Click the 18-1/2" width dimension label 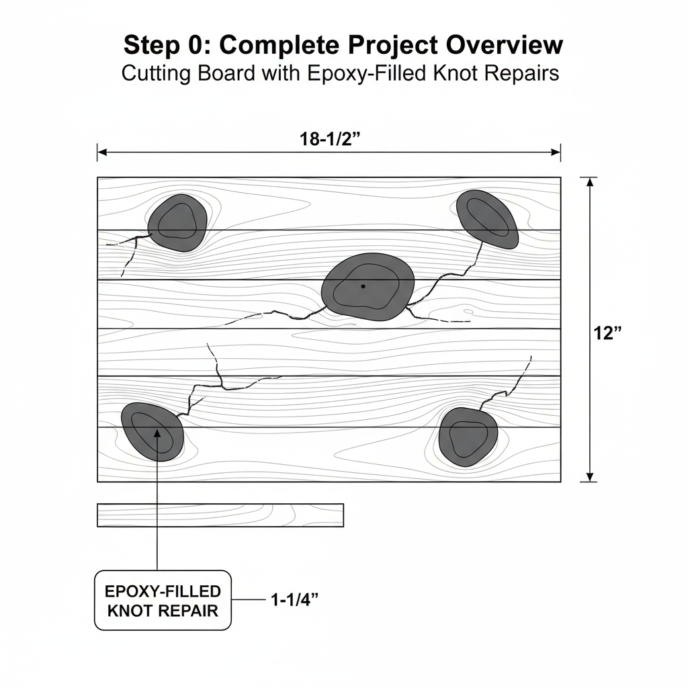pyautogui.click(x=329, y=139)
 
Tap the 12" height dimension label pyautogui.click(x=607, y=333)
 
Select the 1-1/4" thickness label pyautogui.click(x=294, y=599)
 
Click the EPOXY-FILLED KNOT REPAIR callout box pyautogui.click(x=163, y=601)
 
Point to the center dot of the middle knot pyautogui.click(x=363, y=286)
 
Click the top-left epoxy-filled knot pyautogui.click(x=177, y=223)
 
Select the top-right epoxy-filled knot pyautogui.click(x=487, y=220)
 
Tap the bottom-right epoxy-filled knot pyautogui.click(x=468, y=437)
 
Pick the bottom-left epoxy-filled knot pyautogui.click(x=153, y=432)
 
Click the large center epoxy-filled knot pyautogui.click(x=368, y=286)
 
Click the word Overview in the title pyautogui.click(x=504, y=45)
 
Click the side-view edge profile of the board pyautogui.click(x=220, y=515)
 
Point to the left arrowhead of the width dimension pyautogui.click(x=102, y=153)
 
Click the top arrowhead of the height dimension pyautogui.click(x=590, y=181)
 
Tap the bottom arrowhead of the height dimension pyautogui.click(x=590, y=478)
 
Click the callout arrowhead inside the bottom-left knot pyautogui.click(x=157, y=433)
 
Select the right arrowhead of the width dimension pyautogui.click(x=556, y=153)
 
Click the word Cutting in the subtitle pyautogui.click(x=157, y=74)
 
